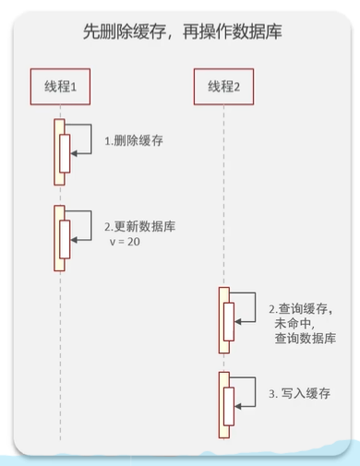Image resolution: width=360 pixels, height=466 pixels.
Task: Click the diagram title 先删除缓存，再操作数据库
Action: tap(183, 31)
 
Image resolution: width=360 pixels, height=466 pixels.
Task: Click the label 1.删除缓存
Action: tap(134, 141)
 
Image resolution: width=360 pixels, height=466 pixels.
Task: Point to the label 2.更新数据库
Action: tap(140, 226)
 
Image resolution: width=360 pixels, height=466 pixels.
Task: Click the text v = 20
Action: tap(125, 242)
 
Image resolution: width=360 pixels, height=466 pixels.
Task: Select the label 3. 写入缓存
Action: tap(300, 393)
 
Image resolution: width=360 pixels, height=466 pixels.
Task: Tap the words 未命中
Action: tap(293, 323)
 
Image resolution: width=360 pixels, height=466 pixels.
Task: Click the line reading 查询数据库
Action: tap(306, 338)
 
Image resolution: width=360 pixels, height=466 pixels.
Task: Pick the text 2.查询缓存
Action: tap(298, 309)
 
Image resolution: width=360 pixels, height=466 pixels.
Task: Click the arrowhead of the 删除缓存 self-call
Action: tap(74, 153)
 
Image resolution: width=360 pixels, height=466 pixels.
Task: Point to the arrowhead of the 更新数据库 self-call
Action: tap(74, 240)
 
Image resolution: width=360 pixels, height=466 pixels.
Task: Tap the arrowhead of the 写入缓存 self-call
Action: tap(238, 407)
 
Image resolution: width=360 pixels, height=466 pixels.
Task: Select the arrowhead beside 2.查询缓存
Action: tap(238, 322)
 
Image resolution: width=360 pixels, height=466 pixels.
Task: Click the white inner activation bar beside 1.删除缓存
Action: tap(65, 153)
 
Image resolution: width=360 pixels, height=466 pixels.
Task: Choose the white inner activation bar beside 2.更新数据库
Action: tap(65, 239)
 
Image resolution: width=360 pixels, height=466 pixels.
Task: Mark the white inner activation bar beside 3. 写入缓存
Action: tap(229, 406)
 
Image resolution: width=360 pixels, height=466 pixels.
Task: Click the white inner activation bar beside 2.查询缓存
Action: tap(229, 322)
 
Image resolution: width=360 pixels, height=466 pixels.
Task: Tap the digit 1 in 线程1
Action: tap(74, 88)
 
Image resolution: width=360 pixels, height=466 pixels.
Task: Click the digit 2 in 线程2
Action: tap(237, 88)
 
